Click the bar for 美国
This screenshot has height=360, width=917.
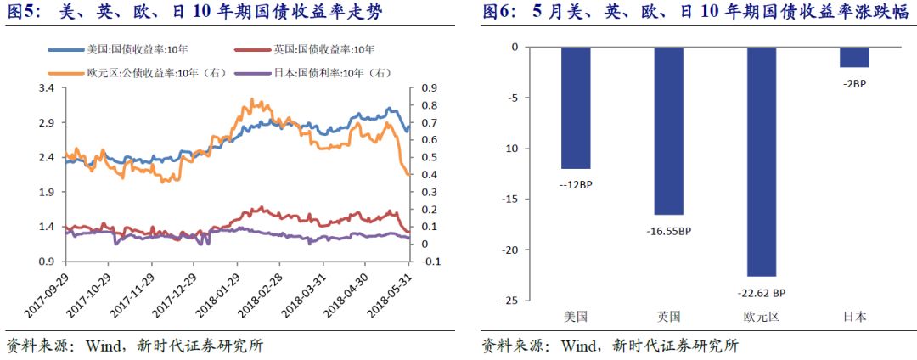coord(576,108)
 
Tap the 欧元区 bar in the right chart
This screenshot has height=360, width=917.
coord(761,161)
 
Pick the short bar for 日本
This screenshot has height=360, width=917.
coord(853,57)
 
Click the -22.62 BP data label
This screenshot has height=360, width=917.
coord(761,291)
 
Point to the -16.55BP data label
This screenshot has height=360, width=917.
coord(668,230)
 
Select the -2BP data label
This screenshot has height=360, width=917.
coord(853,83)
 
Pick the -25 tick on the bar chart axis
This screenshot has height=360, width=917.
coord(509,301)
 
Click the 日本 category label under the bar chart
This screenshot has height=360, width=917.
coord(853,317)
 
